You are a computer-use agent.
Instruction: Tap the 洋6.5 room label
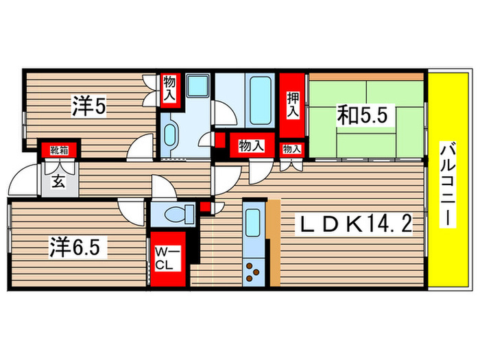78,245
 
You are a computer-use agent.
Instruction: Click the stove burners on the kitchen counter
253,271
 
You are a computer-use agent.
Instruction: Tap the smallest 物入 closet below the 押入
291,148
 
